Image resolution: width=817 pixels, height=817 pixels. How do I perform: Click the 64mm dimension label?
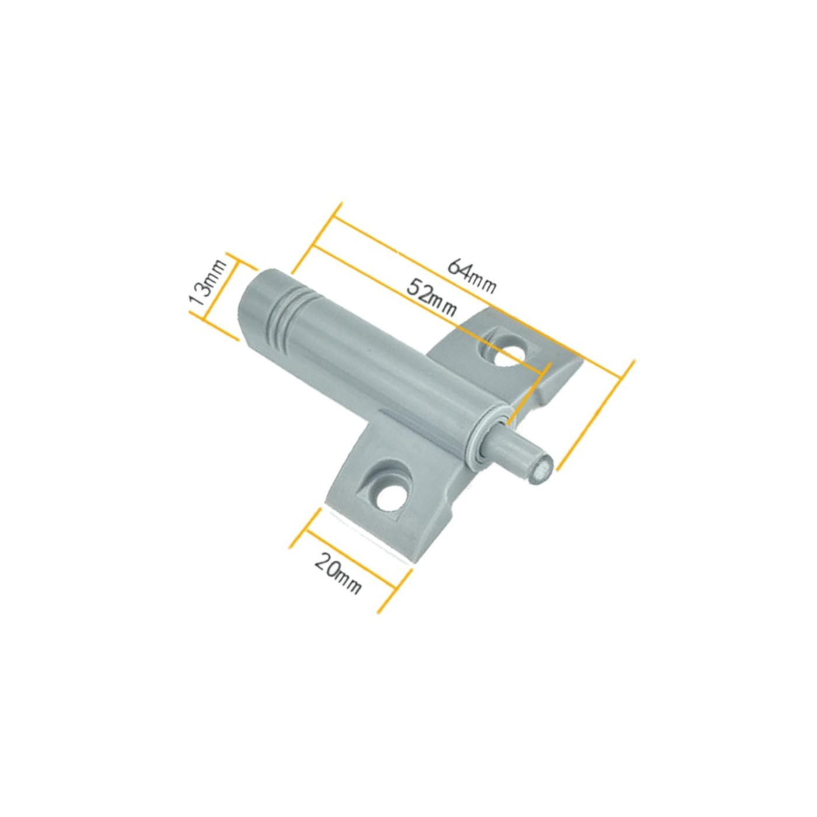(x=472, y=275)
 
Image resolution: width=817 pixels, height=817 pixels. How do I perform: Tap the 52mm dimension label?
(x=431, y=297)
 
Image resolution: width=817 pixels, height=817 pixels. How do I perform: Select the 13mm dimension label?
(x=204, y=283)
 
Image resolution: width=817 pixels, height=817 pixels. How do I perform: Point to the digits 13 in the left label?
(x=201, y=296)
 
